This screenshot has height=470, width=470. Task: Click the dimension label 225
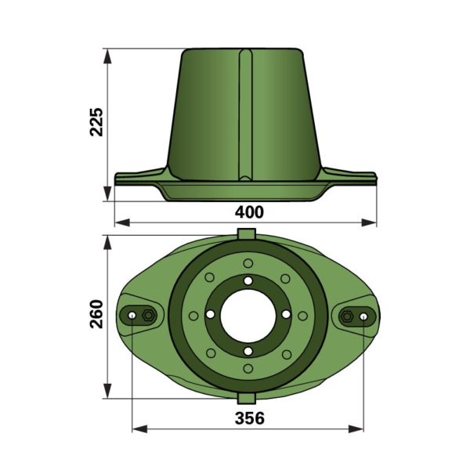(x=96, y=121)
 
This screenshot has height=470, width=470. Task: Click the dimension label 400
(x=249, y=212)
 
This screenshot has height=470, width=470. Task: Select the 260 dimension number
(x=96, y=313)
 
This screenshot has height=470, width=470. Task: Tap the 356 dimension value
(x=250, y=418)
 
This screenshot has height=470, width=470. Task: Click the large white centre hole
(x=248, y=316)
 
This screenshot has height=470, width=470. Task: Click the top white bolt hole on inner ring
(x=248, y=281)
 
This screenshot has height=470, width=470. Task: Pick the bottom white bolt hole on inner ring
(x=248, y=351)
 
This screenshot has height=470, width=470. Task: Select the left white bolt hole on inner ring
(x=211, y=314)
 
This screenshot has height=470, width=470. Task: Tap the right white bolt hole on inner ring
(x=286, y=314)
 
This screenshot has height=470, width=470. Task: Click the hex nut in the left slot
(x=148, y=316)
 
